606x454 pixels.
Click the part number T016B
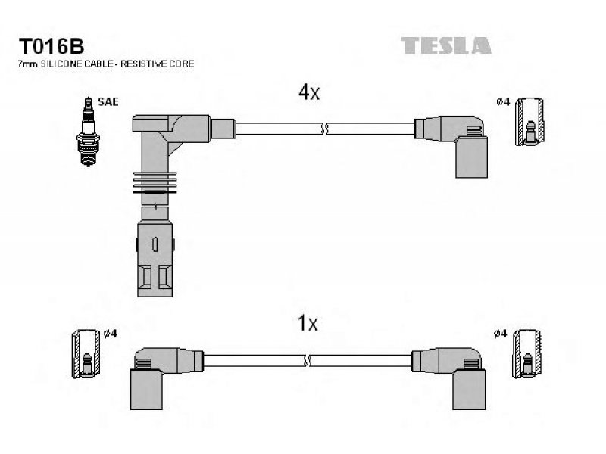coord(51,46)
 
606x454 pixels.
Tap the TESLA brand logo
coord(446,45)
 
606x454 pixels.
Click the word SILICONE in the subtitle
coord(61,64)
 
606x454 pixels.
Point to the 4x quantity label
coord(309,92)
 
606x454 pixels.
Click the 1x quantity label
coord(308,323)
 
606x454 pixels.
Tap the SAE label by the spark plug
coord(108,102)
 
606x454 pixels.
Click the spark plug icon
coord(88,132)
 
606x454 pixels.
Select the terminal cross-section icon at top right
coord(529,122)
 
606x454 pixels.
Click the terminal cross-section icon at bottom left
coord(86,353)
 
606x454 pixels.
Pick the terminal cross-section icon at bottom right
coord(526,353)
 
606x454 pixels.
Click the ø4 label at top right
coord(503,102)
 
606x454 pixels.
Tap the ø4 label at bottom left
coord(111,334)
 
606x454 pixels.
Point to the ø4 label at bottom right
coord(500,334)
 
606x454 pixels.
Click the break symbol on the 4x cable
coord(325,129)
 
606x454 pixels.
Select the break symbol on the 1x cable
coord(308,361)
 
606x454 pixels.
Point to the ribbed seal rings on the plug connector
coord(155,183)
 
